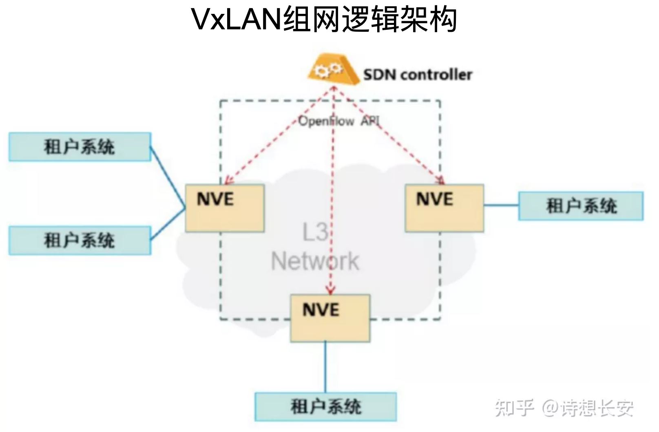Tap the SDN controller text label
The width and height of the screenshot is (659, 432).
click(418, 75)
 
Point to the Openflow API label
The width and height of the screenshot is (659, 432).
click(338, 121)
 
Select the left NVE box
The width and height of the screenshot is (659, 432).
click(225, 208)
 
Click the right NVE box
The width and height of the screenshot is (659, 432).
click(444, 208)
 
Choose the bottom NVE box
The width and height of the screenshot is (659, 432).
click(330, 318)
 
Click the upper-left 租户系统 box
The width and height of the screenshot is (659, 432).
click(80, 147)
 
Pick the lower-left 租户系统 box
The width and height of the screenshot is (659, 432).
click(80, 240)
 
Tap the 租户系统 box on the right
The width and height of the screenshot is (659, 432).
click(581, 206)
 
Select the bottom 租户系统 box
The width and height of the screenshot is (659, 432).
click(325, 407)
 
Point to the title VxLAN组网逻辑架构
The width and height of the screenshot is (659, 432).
click(324, 19)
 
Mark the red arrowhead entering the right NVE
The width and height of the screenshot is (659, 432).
click(440, 181)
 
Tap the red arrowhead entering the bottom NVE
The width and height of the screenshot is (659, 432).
click(331, 290)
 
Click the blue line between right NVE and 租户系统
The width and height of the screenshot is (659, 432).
click(501, 205)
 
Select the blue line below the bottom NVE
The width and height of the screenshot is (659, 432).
click(325, 367)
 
